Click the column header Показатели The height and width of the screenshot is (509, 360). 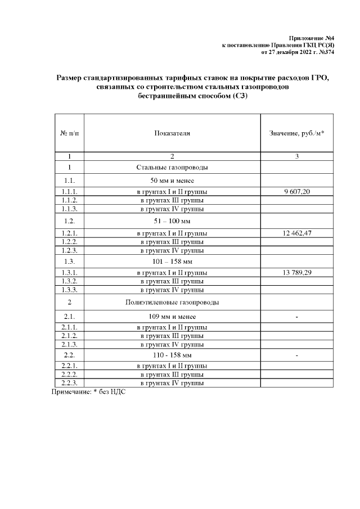(x=172, y=133)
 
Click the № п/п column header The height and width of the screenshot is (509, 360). (x=69, y=133)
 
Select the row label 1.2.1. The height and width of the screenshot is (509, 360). (x=69, y=233)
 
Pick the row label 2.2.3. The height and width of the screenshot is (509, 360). (x=69, y=383)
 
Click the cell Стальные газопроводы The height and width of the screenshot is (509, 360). (x=172, y=168)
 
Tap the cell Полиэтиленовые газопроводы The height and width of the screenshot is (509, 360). (x=172, y=303)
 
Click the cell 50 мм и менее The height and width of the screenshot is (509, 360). (x=172, y=181)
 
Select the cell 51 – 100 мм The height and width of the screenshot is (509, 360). (x=172, y=221)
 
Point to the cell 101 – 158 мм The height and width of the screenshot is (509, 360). (x=172, y=262)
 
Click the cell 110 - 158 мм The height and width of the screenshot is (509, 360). (x=172, y=355)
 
